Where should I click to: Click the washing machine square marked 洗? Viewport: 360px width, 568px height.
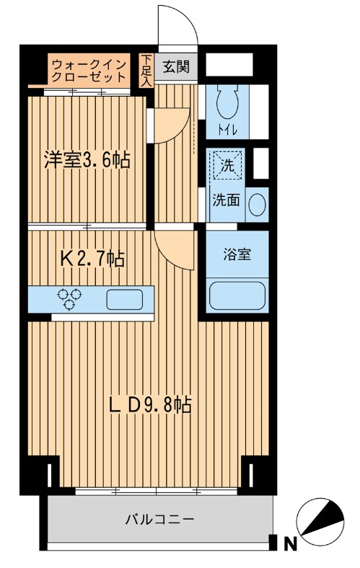click(227, 165)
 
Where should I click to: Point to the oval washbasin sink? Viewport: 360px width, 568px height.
click(256, 204)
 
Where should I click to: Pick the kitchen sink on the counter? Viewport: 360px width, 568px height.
click(127, 298)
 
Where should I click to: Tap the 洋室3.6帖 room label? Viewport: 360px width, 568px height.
click(87, 160)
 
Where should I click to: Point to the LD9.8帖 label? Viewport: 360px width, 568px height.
click(149, 405)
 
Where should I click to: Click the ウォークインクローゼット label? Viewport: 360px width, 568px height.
click(89, 69)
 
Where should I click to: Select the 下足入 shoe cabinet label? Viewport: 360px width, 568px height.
click(146, 71)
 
